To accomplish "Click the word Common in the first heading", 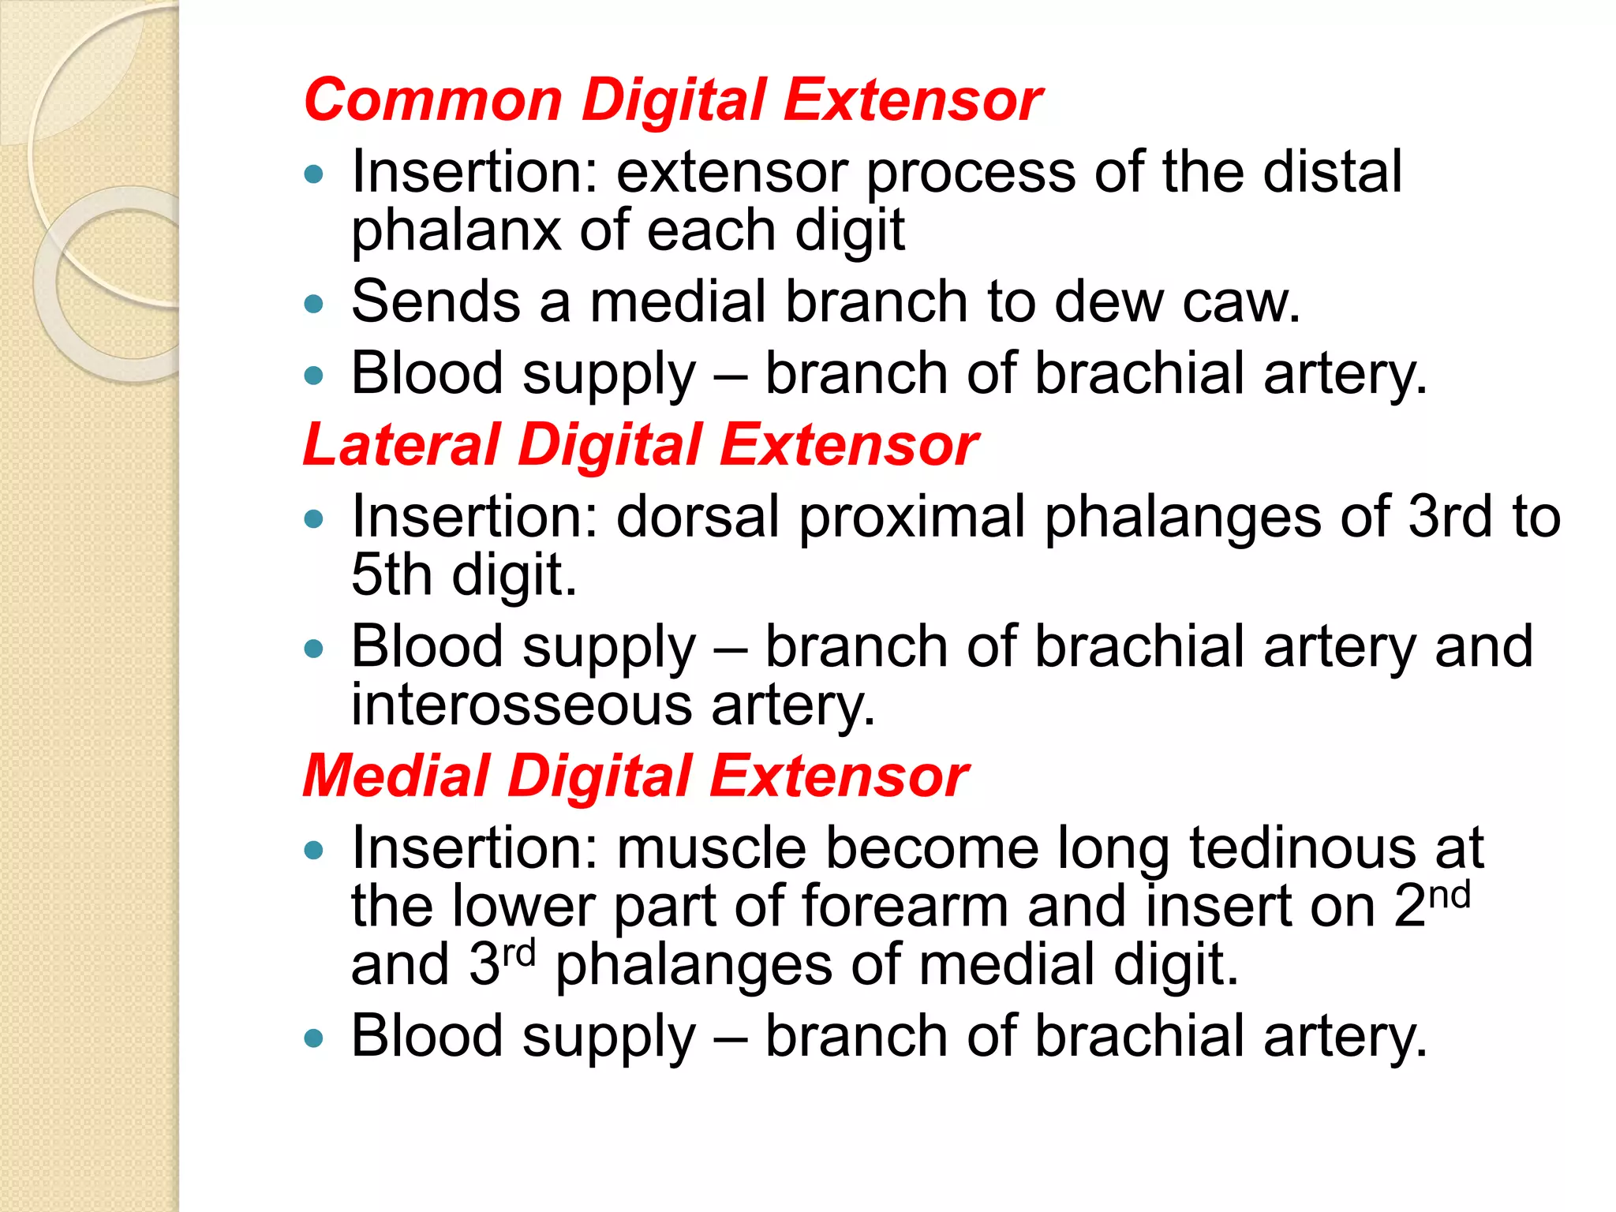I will pyautogui.click(x=432, y=100).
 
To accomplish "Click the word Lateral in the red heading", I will pyautogui.click(x=402, y=445).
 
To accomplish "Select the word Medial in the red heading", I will pyautogui.click(x=396, y=776).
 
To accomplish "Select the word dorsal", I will pyautogui.click(x=698, y=518).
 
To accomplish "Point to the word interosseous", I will pyautogui.click(x=522, y=705).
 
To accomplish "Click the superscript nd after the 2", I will pyautogui.click(x=1450, y=896).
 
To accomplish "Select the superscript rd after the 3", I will pyautogui.click(x=519, y=954).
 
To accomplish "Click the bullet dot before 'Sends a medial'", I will pyautogui.click(x=314, y=304).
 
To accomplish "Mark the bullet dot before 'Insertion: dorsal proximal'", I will pyautogui.click(x=314, y=519).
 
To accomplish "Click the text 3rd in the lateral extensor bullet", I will pyautogui.click(x=1451, y=518).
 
